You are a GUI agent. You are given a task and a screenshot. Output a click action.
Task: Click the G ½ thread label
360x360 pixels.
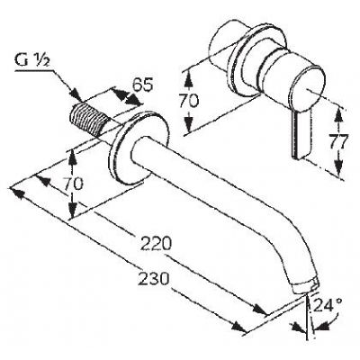click(x=32, y=62)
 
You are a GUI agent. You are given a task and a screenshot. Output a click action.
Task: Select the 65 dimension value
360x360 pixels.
click(x=143, y=85)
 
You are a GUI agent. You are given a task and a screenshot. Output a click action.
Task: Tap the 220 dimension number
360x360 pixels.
click(x=156, y=244)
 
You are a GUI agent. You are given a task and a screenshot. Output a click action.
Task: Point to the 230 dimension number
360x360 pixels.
click(x=154, y=279)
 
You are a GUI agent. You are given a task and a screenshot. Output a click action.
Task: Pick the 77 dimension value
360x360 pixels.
click(x=338, y=142)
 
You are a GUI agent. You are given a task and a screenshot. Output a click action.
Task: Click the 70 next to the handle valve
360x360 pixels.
click(x=189, y=100)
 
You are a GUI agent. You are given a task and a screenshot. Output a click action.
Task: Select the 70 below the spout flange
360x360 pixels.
click(x=73, y=184)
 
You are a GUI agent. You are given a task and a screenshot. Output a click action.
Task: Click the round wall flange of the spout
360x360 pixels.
click(x=138, y=148)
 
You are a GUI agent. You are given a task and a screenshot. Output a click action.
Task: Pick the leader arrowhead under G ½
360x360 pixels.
click(x=76, y=94)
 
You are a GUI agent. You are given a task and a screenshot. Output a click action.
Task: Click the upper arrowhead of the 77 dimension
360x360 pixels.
click(x=338, y=114)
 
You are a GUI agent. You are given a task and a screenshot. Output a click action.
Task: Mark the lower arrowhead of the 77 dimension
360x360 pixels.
click(x=338, y=167)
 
